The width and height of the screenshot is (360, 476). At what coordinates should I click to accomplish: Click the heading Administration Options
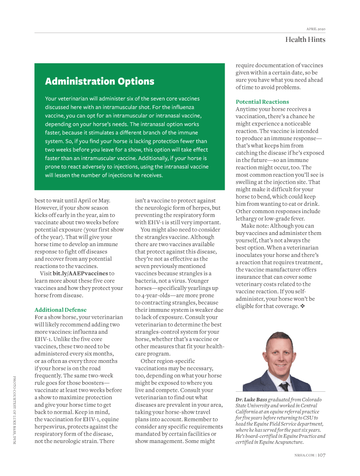coord(100,82)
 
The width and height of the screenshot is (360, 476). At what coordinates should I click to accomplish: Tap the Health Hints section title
coord(305,40)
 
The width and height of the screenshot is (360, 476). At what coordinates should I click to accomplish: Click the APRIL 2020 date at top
coord(315,29)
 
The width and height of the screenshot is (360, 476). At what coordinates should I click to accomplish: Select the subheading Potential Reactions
coord(262,101)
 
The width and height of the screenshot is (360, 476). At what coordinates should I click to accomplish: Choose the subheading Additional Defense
coord(60,309)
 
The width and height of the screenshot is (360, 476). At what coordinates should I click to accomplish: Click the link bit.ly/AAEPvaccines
coord(80,274)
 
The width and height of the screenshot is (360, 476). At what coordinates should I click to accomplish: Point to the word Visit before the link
coord(46,274)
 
